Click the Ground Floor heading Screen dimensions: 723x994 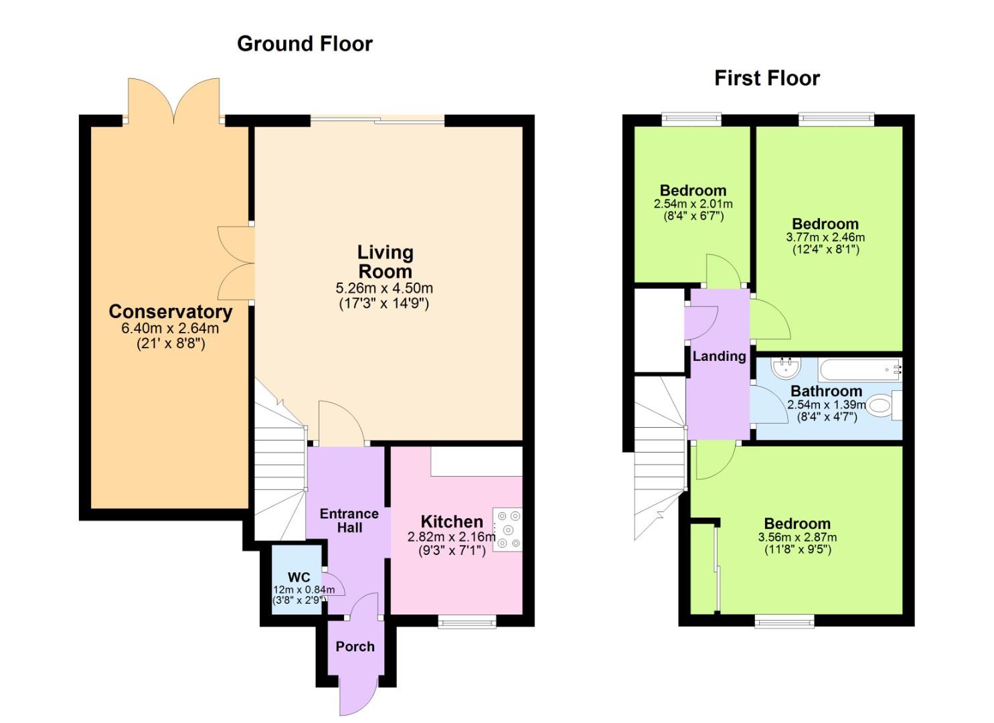coord(305,44)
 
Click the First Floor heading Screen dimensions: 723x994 coord(766,78)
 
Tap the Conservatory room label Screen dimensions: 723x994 coord(170,312)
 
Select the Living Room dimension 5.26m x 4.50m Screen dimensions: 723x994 coord(384,289)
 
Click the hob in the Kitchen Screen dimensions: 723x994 coord(507,530)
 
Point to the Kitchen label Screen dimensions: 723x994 coord(451,521)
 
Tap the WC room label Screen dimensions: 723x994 coord(299,577)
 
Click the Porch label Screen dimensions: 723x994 coord(355,647)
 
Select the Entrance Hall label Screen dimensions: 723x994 coord(349,521)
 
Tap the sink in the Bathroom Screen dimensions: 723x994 coord(785,368)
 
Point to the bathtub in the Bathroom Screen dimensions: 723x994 coord(860,369)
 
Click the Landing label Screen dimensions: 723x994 coord(719,356)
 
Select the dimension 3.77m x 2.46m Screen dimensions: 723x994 coord(825,237)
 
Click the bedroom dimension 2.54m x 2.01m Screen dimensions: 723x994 coord(693,204)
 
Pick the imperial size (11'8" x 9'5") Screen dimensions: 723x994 coord(797,550)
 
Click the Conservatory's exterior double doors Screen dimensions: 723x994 coord(174,100)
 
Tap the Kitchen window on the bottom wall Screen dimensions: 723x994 coord(467,623)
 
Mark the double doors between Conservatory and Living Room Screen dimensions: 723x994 coord(236,263)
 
